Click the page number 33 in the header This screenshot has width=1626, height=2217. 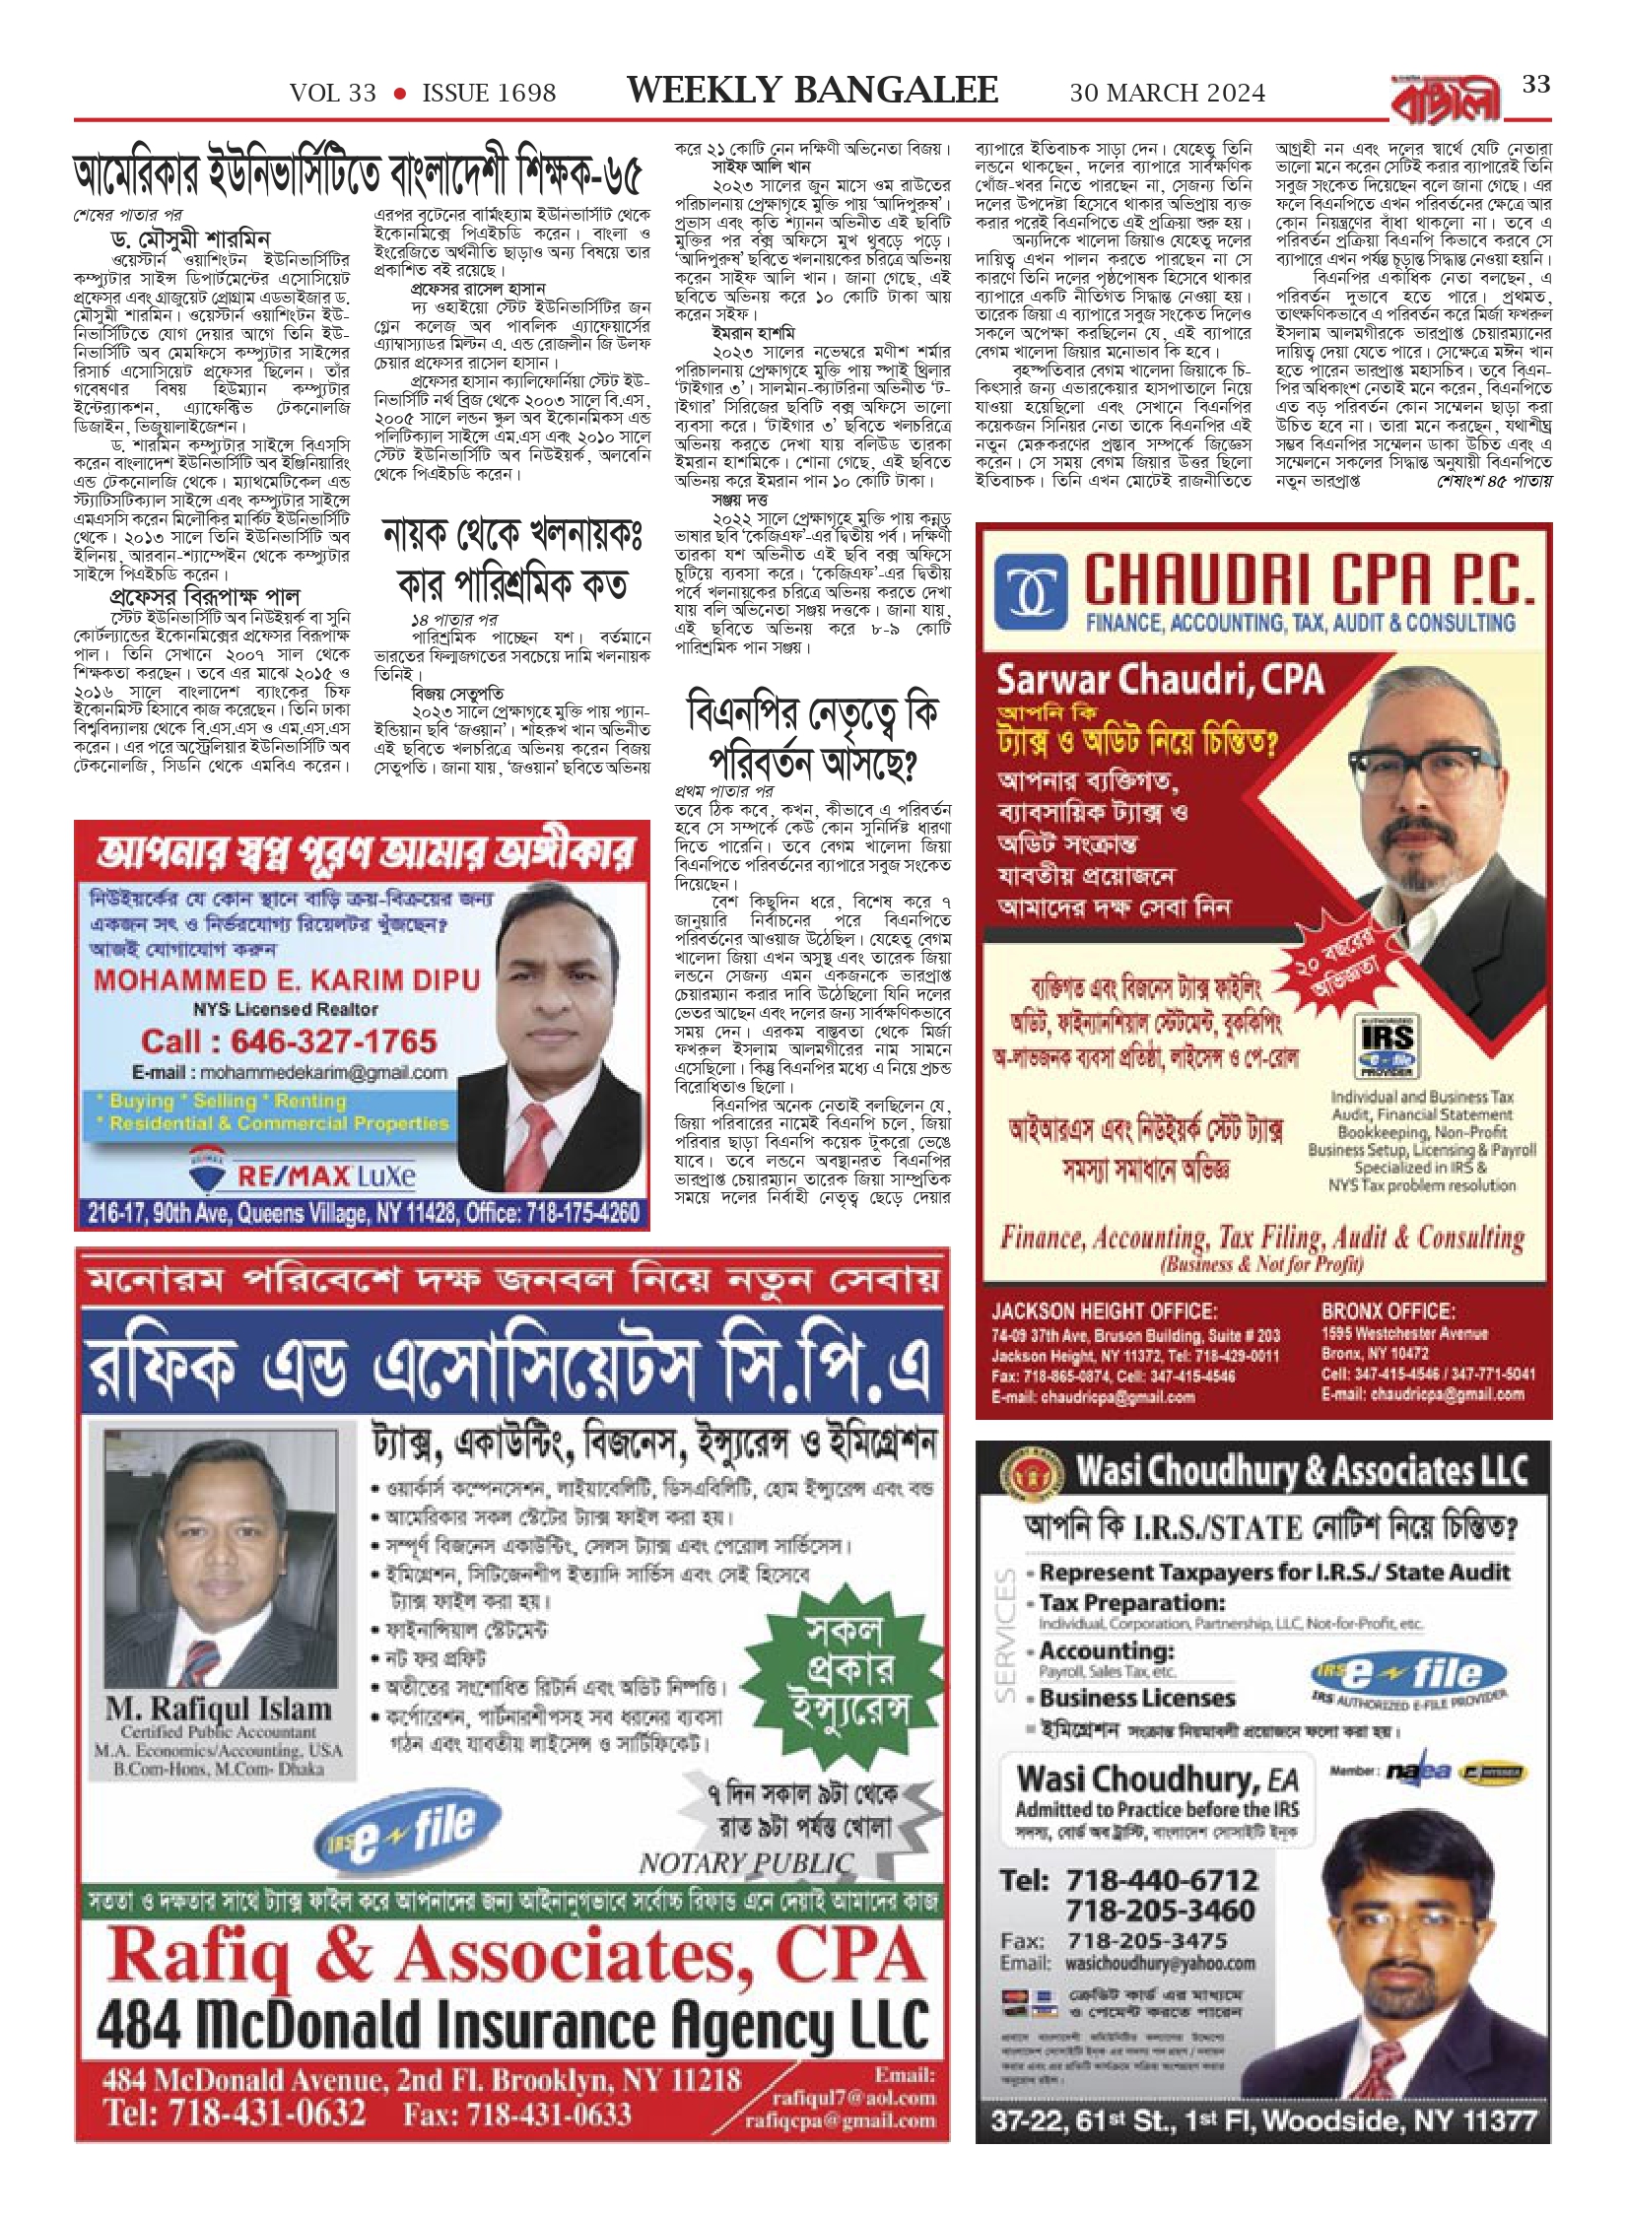tap(1535, 85)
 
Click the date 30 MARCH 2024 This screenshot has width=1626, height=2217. tap(1167, 93)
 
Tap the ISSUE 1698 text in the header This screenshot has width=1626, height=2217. tap(489, 93)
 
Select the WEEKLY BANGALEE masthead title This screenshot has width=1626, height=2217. tap(812, 91)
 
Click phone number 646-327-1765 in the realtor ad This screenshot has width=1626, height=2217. tap(289, 1041)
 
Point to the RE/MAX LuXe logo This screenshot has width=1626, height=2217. tap(301, 1175)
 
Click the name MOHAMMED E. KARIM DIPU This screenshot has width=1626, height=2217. tap(287, 980)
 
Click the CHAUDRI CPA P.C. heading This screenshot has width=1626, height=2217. tap(1309, 582)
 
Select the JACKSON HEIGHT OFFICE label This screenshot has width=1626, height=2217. tap(1104, 1311)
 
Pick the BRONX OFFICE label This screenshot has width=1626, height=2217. tap(1388, 1311)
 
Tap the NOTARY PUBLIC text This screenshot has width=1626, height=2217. tap(746, 1863)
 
